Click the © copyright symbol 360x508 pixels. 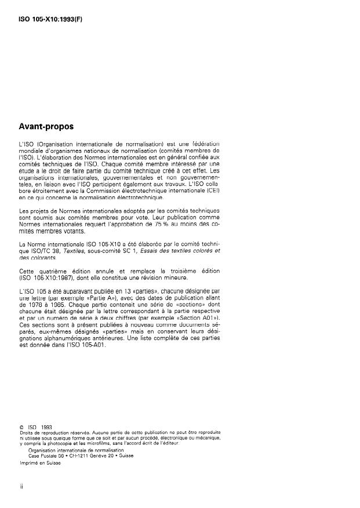click(x=21, y=427)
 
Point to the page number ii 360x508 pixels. click(x=21, y=487)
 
